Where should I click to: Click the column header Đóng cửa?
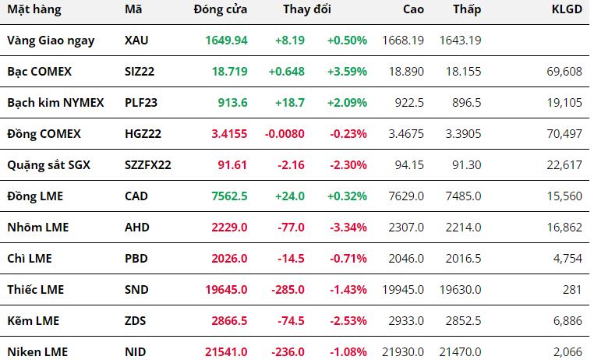220,9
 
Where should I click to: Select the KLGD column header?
567,9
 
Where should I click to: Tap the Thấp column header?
467,9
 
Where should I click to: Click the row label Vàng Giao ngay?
51,41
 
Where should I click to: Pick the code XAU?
136,40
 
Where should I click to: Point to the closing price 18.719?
229,71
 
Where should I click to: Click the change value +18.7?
290,103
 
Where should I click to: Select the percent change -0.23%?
348,133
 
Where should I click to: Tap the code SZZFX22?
148,164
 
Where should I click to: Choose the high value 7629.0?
406,196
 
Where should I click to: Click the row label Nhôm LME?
38,227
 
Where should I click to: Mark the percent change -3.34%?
348,227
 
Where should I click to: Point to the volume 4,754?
567,258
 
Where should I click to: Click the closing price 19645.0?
226,290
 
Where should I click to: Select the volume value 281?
572,290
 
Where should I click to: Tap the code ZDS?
135,320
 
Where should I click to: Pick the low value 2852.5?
463,320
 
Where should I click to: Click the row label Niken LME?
37,352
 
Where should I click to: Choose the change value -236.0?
288,352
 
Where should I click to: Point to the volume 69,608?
564,71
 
